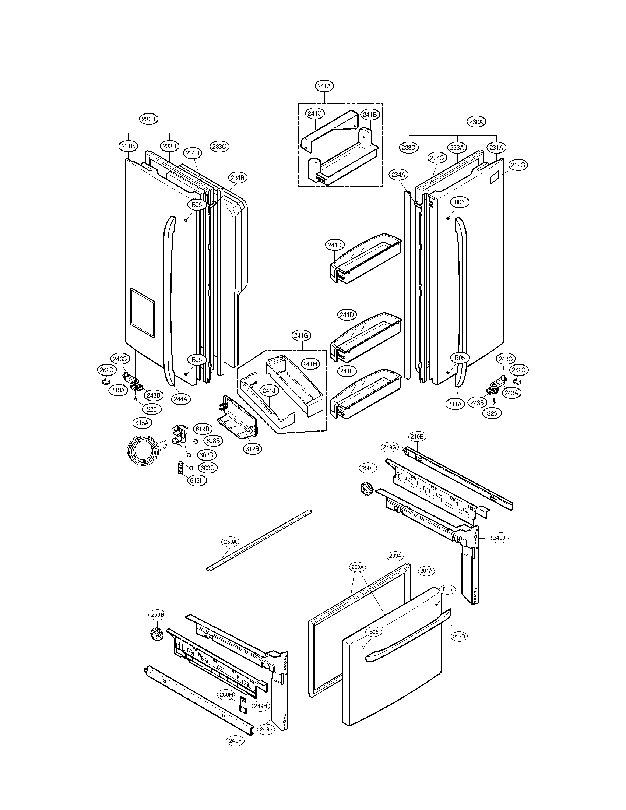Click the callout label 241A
(x=324, y=86)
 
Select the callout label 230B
(x=149, y=119)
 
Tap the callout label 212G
(x=518, y=165)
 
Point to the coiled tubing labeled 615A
(x=143, y=451)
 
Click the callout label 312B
(x=253, y=448)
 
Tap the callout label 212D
(x=458, y=637)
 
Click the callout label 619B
(x=202, y=429)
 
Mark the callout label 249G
(x=390, y=448)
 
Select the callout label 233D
(x=409, y=148)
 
